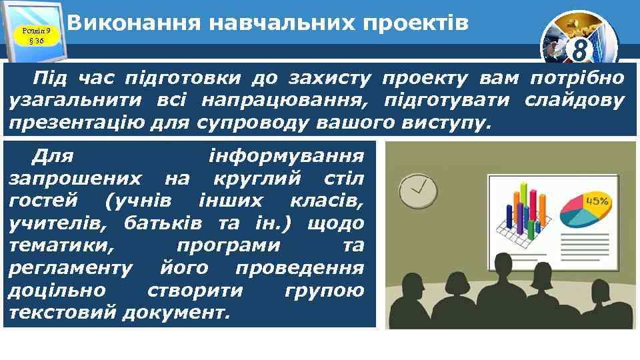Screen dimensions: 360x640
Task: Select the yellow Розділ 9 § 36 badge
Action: (33, 35)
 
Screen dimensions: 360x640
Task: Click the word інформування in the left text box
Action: (287, 157)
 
